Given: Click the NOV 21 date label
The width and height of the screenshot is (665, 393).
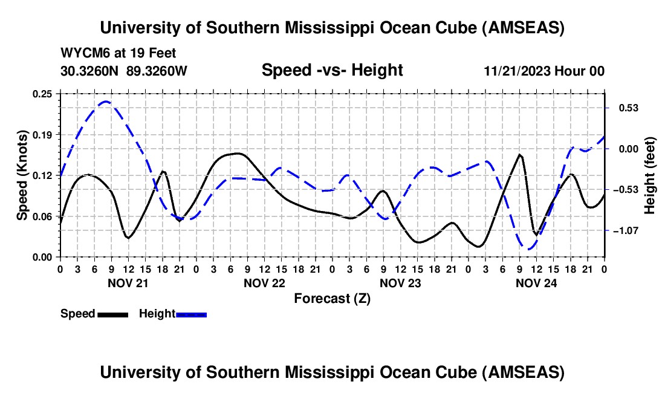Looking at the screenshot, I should tap(128, 282).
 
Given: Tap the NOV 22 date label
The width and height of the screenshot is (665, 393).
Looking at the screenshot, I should tap(264, 282).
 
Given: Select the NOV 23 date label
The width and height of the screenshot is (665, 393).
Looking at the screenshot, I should tap(400, 282).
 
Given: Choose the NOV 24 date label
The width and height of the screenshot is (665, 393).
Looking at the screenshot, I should tap(536, 282).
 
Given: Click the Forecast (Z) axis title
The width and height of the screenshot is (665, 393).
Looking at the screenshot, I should tap(332, 298).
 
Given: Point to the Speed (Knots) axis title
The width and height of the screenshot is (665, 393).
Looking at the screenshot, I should tap(22, 175).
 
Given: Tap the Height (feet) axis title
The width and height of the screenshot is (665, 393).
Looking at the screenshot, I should tap(650, 175).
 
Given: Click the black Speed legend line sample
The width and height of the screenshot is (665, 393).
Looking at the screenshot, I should tap(112, 314).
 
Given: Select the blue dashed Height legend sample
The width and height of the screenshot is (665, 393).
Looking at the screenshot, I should tap(191, 314).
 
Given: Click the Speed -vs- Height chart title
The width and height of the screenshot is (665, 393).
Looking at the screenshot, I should tap(332, 70).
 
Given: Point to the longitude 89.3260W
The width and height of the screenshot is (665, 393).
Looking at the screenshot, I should tap(157, 71).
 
